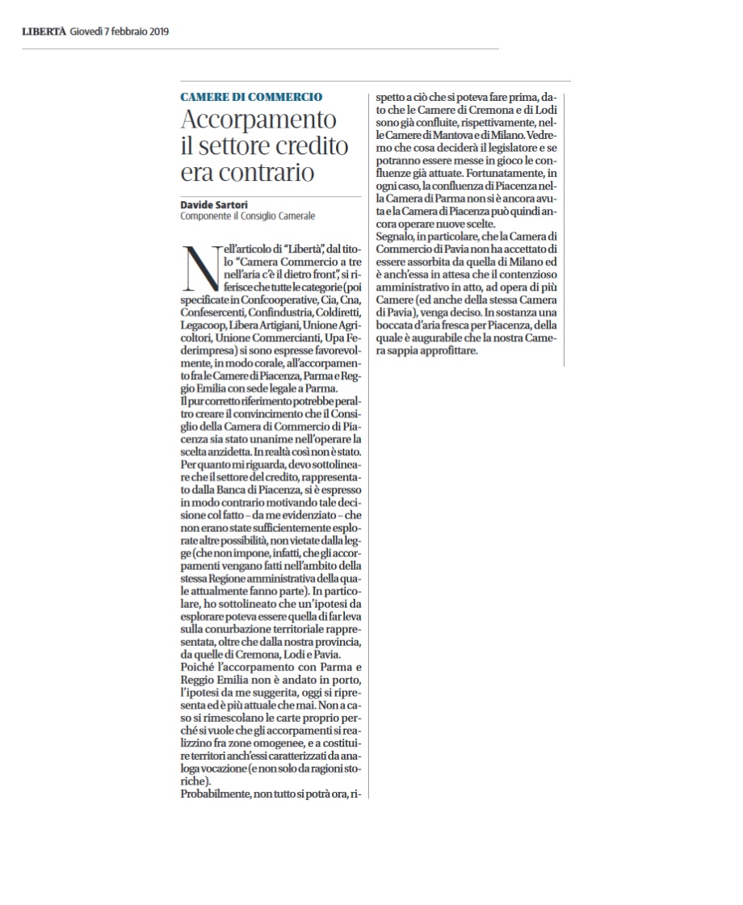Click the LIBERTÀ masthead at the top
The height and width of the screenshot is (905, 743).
(x=43, y=31)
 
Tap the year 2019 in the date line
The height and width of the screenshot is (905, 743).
(x=153, y=31)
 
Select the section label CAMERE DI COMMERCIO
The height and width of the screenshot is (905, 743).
(x=251, y=97)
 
